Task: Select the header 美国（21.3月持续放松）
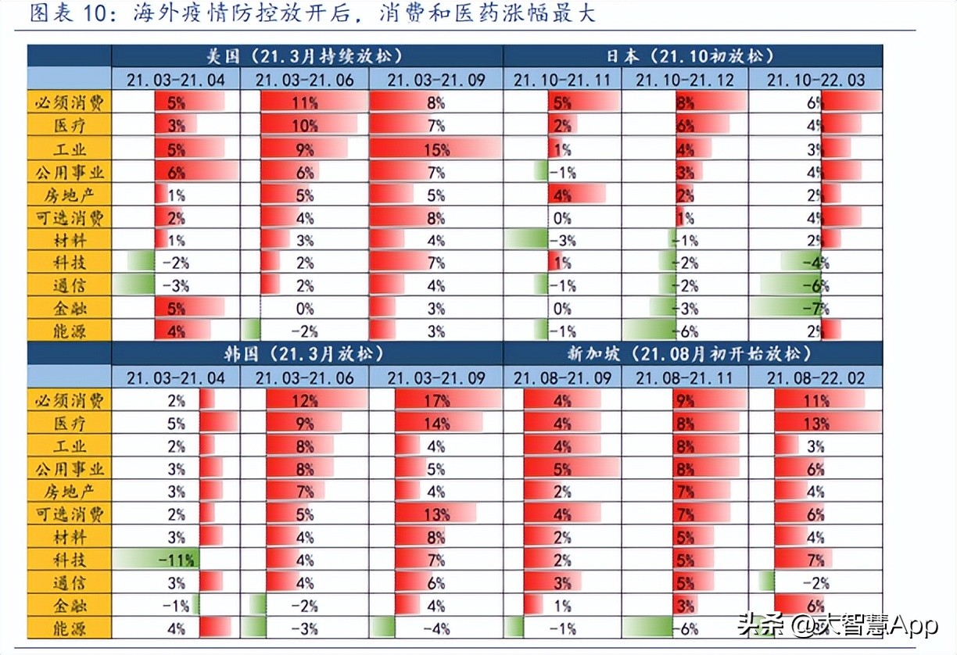coord(305,56)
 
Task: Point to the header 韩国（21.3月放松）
coord(305,354)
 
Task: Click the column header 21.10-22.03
coord(815,80)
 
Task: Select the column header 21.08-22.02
coord(815,378)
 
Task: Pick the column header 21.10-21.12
coord(685,80)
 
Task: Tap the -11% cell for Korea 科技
coord(176,560)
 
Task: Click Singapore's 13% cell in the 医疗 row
coord(815,424)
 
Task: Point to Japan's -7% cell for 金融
coord(815,308)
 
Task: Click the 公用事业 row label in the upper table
coord(70,171)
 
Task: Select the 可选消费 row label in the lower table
coord(70,514)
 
